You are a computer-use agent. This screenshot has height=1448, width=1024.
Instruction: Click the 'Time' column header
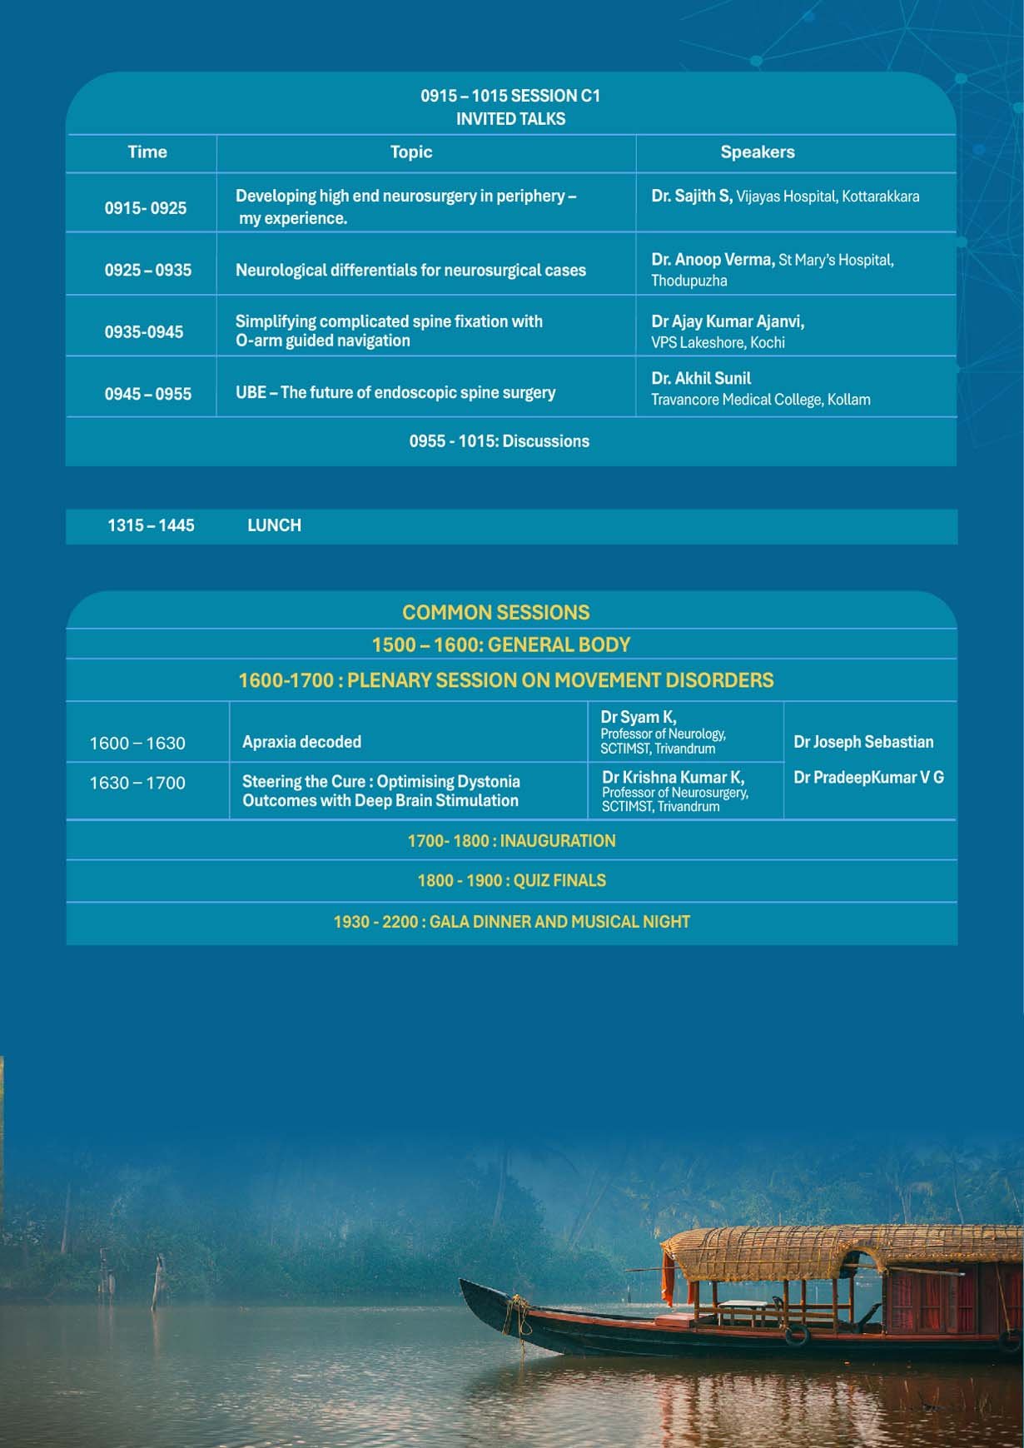[147, 152]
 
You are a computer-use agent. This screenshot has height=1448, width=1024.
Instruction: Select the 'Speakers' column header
[757, 152]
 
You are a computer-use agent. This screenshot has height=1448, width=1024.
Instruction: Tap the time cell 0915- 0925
[146, 208]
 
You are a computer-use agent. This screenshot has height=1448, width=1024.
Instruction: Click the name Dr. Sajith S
[691, 197]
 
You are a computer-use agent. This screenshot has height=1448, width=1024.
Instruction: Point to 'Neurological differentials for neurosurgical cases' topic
[410, 271]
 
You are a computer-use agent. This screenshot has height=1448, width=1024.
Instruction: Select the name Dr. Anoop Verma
[713, 260]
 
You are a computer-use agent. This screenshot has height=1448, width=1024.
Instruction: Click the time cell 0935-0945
[144, 332]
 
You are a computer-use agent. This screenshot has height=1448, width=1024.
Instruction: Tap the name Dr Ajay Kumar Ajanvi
[728, 321]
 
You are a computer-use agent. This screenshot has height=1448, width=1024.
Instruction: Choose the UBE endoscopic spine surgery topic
[395, 392]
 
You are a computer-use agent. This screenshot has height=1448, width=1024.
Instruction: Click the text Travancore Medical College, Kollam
[760, 400]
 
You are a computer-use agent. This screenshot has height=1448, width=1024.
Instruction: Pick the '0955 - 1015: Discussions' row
[499, 441]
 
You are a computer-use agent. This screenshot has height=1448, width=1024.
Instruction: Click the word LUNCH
[274, 525]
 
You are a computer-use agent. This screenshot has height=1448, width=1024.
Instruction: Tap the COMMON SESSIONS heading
[495, 613]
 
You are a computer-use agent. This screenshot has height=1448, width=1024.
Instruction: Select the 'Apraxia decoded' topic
[301, 742]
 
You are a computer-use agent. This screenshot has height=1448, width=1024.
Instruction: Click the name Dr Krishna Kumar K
[673, 777]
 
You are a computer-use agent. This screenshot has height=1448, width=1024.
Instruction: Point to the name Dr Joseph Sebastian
[863, 742]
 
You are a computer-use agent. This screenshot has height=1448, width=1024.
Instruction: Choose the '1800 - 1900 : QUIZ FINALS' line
[511, 881]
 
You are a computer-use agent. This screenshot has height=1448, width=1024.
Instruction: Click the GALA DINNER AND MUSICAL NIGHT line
[511, 922]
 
